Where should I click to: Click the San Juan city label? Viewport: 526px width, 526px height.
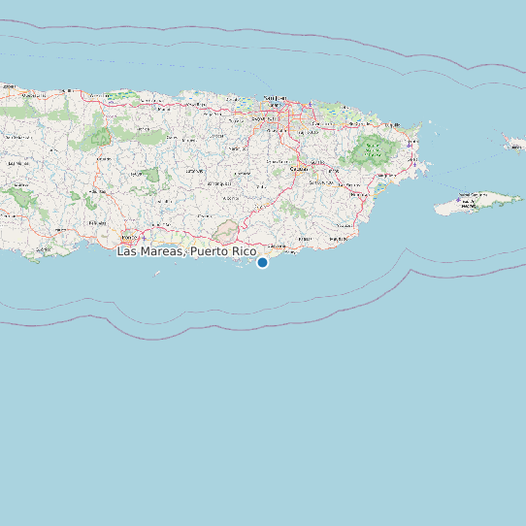pyautogui.click(x=276, y=98)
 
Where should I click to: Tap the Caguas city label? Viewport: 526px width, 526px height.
pyautogui.click(x=312, y=162)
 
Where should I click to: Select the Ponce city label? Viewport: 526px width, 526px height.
pyautogui.click(x=128, y=236)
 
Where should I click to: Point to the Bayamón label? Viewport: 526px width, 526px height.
pyautogui.click(x=261, y=117)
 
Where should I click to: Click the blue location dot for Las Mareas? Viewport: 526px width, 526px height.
pyautogui.click(x=262, y=262)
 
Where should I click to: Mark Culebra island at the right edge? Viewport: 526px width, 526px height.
pyautogui.click(x=514, y=145)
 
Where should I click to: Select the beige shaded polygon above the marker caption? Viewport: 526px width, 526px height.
pyautogui.click(x=227, y=232)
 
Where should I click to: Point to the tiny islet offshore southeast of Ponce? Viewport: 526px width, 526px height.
pyautogui.click(x=157, y=274)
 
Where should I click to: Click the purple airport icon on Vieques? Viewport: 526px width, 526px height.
pyautogui.click(x=458, y=200)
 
